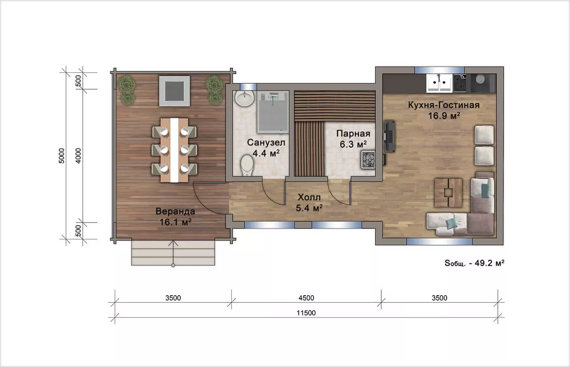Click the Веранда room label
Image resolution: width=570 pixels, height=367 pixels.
tap(175, 211)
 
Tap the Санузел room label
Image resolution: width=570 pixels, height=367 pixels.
tap(266, 142)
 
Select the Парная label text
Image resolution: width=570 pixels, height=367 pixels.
tap(353, 133)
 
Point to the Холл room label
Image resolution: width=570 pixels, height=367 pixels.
tap(309, 197)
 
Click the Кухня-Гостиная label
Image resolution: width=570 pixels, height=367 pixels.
tap(444, 105)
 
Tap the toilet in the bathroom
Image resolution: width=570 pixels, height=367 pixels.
tap(247, 165)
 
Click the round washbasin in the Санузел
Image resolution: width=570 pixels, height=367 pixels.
tap(244, 98)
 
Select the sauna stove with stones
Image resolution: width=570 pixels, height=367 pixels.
tap(368, 160)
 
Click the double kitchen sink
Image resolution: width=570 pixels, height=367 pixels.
tap(440, 83)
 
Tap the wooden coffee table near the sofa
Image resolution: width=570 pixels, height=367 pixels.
tap(448, 193)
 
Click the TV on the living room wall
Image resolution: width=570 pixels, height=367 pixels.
tap(390, 136)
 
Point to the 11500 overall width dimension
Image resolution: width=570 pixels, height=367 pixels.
tap(306, 313)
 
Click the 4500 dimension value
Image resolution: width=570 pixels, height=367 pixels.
tap(306, 298)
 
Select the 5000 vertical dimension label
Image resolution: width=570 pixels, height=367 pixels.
tap(62, 156)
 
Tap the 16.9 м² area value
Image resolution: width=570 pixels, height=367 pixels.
tap(444, 116)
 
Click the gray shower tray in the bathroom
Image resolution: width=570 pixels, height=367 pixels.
tap(273, 112)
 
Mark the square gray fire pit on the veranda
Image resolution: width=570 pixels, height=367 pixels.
tap(175, 91)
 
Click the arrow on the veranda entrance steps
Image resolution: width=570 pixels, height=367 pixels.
tap(173, 253)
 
